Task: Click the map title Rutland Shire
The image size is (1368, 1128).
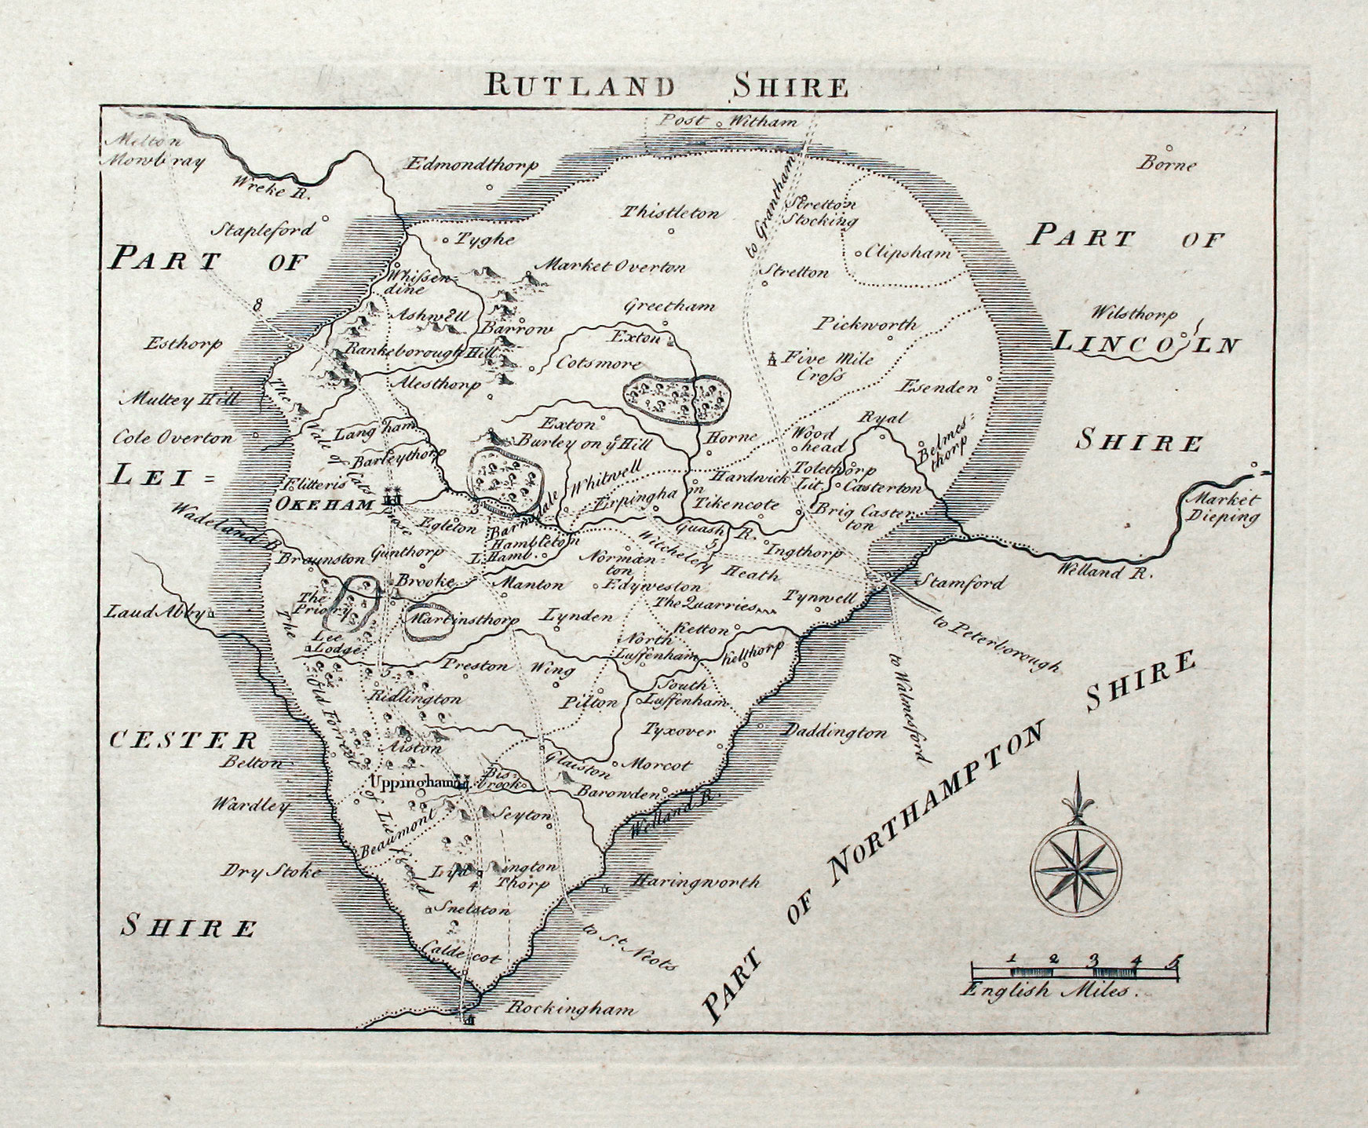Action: point(656,84)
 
